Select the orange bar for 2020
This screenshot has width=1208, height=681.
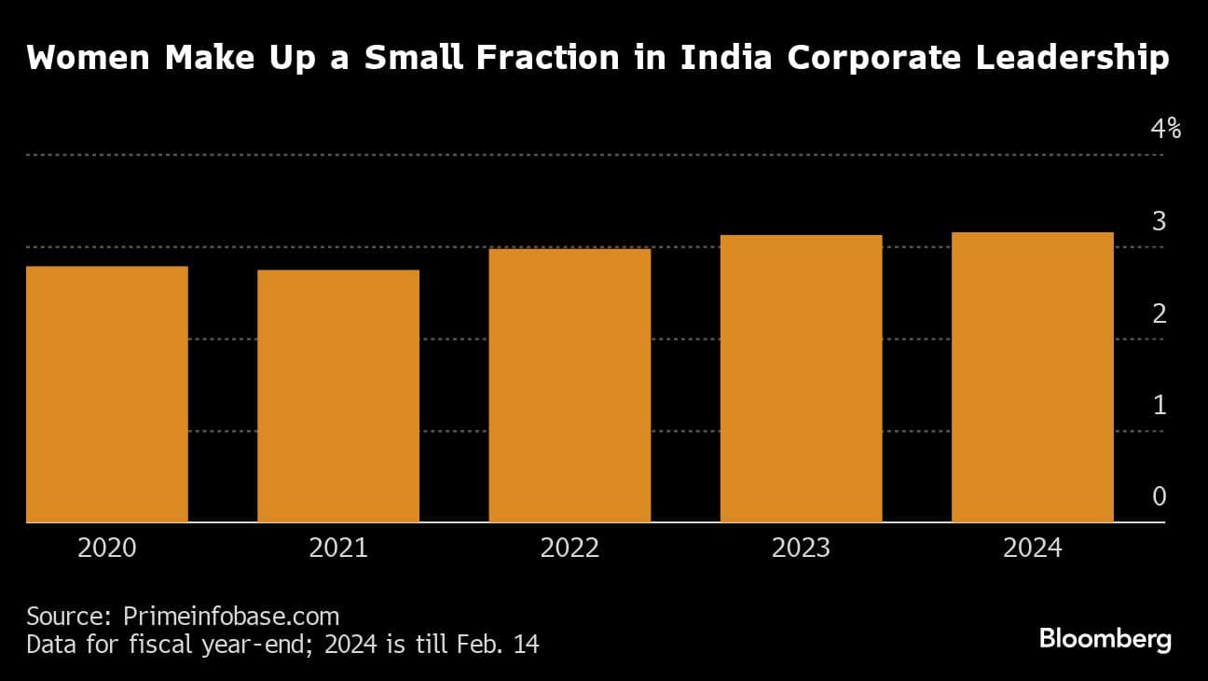tap(107, 394)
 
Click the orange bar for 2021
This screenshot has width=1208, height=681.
tap(338, 396)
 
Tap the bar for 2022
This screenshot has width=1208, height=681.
tap(570, 385)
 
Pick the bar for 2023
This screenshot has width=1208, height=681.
tap(801, 378)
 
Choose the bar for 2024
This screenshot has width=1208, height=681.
tap(1032, 377)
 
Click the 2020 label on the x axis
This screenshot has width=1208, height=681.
tap(107, 548)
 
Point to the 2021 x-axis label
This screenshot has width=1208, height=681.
tap(338, 548)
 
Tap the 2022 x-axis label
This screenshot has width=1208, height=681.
tap(570, 548)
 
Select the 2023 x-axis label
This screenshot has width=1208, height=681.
tap(801, 548)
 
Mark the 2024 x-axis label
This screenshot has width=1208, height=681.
tap(1032, 548)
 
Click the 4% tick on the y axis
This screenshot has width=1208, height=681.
tap(1165, 129)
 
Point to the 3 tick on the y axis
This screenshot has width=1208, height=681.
tap(1159, 221)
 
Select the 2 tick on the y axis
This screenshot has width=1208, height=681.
tap(1159, 313)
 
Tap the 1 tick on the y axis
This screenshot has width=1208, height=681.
tap(1159, 405)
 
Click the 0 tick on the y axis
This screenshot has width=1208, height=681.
tap(1159, 496)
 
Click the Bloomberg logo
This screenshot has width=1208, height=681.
tap(1105, 640)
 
